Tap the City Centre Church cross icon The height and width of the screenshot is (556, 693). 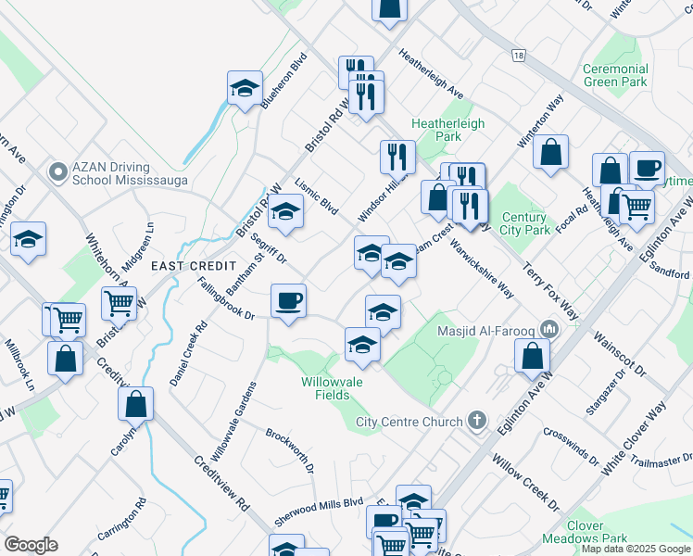(x=477, y=422)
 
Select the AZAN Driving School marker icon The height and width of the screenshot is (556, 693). (x=57, y=171)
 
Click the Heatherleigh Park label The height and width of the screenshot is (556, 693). (x=448, y=129)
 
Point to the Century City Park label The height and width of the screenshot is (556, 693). (x=523, y=222)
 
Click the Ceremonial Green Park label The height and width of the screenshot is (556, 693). (x=615, y=75)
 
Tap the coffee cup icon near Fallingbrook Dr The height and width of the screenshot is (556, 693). (x=288, y=300)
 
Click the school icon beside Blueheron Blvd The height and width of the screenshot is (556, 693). (x=246, y=88)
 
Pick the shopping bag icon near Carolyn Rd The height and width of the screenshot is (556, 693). (x=136, y=403)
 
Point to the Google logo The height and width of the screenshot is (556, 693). (x=31, y=545)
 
